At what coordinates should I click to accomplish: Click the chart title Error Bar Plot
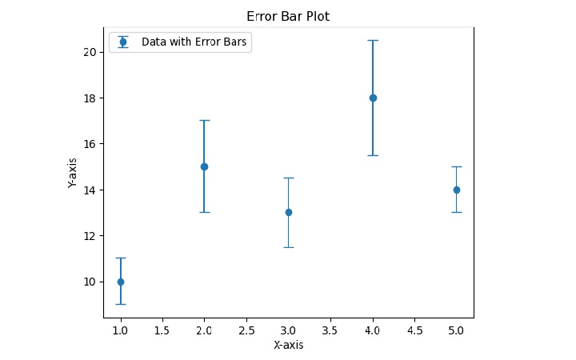point(288,16)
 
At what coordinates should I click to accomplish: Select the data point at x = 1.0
point(121,282)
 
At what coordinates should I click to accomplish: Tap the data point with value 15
point(204,166)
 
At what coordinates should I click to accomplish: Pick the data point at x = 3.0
point(289,212)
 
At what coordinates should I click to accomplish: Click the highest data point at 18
point(373,98)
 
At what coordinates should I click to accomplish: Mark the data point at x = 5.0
point(457,190)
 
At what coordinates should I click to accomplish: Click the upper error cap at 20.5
point(373,40)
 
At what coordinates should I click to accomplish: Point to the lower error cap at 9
point(121,304)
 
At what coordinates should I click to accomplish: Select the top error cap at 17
point(204,120)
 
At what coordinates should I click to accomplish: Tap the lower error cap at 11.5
point(289,247)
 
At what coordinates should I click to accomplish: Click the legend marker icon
point(123,42)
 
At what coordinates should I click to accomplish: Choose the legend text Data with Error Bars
point(194,42)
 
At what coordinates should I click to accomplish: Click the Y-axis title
point(73,173)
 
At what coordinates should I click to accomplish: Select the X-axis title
point(288,346)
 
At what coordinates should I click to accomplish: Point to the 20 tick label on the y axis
point(90,52)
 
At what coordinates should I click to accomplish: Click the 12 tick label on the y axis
point(90,236)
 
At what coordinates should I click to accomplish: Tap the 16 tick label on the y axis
point(90,144)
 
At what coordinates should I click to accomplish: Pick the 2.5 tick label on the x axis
point(246,329)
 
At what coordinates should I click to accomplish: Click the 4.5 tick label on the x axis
point(414,329)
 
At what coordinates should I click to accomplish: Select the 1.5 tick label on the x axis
point(162,329)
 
